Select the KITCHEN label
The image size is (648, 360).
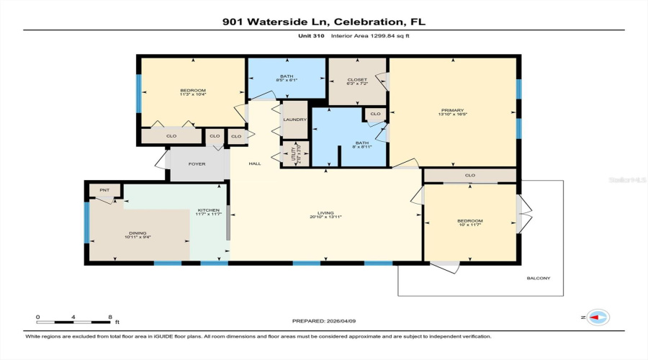tap(209, 210)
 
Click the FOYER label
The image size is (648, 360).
tap(197, 164)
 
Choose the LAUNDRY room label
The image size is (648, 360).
tap(294, 120)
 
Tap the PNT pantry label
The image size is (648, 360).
tap(104, 189)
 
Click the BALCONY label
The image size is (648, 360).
tap(533, 278)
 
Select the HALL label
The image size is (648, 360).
tap(254, 164)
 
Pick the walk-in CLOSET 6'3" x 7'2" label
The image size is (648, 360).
tap(357, 80)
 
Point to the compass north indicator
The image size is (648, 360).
tap(597, 317)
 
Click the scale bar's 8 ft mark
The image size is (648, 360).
tap(109, 317)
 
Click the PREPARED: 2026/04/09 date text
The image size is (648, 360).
tap(323, 321)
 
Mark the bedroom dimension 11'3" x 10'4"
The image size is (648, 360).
tap(192, 94)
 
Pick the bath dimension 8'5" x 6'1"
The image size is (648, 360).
tap(287, 80)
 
